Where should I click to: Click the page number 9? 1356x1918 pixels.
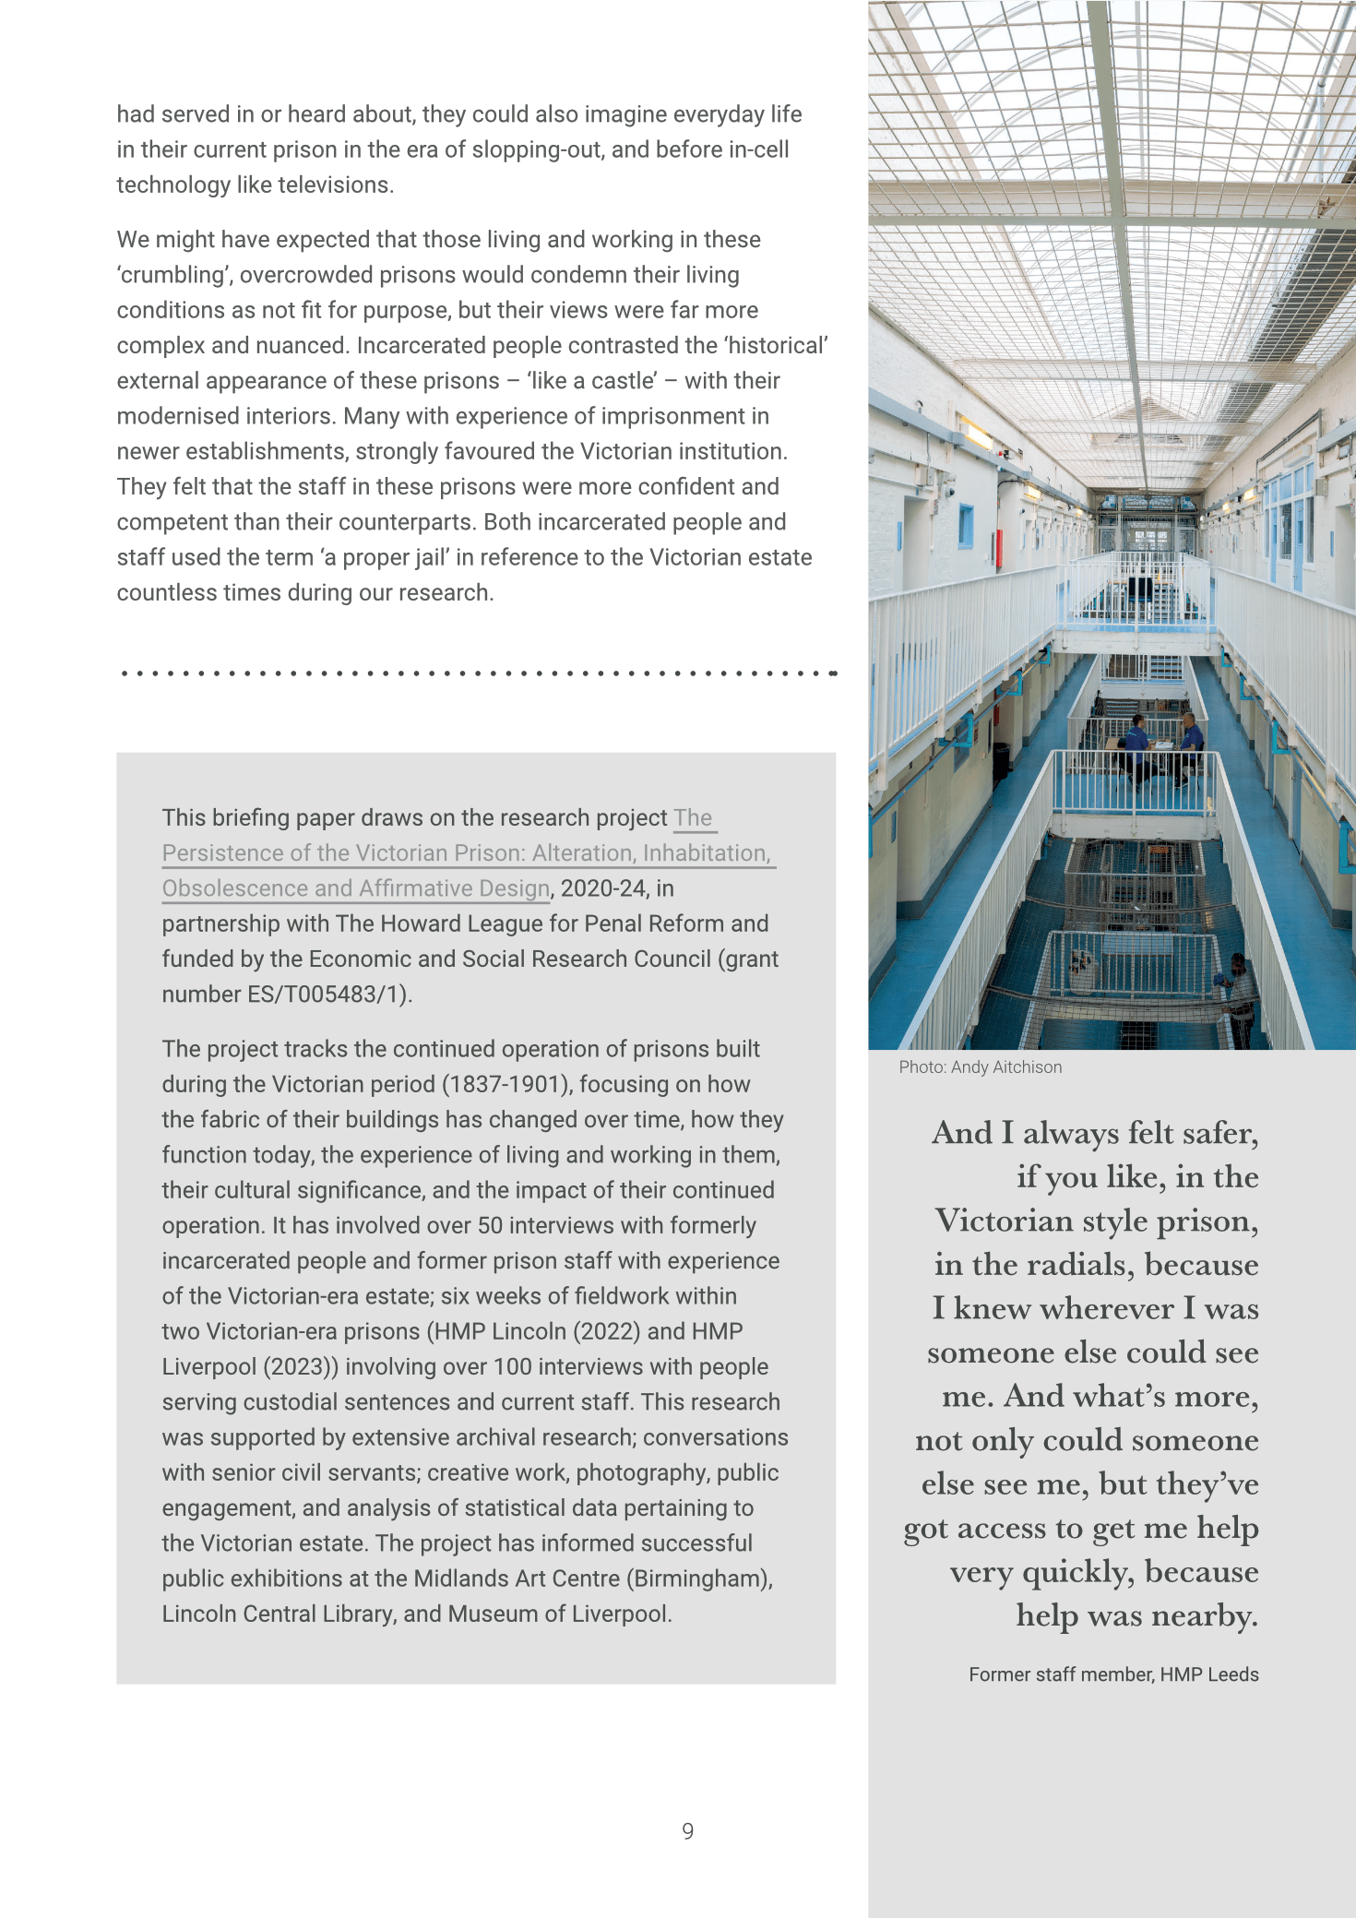[687, 1831]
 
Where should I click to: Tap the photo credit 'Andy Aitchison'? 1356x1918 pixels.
[1006, 1067]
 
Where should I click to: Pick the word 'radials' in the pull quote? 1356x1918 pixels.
[1079, 1265]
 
